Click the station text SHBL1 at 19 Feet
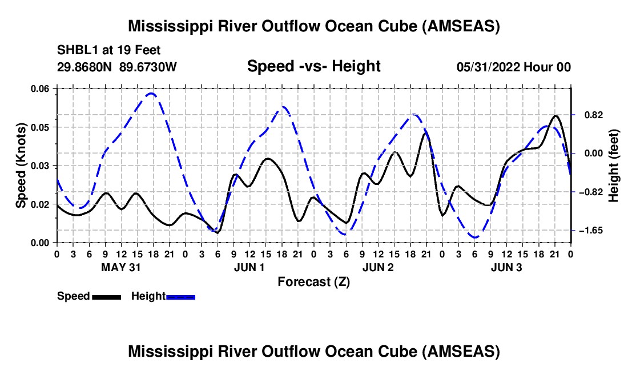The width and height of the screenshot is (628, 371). [108, 50]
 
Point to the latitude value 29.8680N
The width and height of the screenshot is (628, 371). [84, 67]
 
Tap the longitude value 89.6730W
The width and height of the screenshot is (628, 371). [148, 67]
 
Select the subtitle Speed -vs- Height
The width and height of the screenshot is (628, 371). [313, 66]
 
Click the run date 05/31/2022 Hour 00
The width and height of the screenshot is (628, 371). [514, 67]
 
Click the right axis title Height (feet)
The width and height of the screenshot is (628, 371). [613, 166]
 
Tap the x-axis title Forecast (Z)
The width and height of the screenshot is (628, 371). [313, 282]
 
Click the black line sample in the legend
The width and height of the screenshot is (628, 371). [107, 297]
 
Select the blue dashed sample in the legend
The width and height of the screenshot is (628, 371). [180, 297]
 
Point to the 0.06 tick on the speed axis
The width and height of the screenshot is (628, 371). [41, 88]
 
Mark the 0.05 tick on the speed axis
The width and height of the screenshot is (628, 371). [41, 127]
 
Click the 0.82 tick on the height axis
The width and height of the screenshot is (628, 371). [593, 115]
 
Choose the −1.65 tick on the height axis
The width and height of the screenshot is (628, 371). [591, 231]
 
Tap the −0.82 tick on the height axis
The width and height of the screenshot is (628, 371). [591, 192]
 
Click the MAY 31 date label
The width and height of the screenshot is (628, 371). [121, 267]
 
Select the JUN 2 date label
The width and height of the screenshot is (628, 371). [378, 267]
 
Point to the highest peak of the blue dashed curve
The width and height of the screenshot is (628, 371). [151, 94]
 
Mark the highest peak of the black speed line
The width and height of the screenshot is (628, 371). [555, 116]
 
